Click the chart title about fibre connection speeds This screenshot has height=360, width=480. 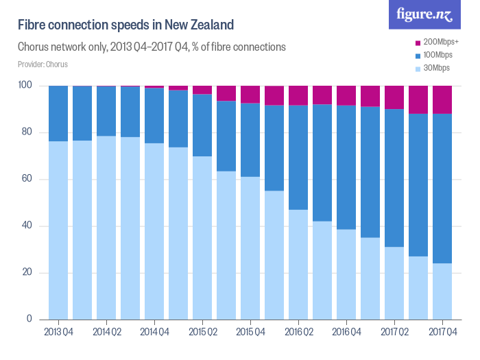[x=126, y=25]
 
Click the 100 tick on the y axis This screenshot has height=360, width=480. [x=26, y=86]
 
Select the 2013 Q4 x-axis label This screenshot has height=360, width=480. [x=58, y=333]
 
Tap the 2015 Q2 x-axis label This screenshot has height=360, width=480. [x=202, y=333]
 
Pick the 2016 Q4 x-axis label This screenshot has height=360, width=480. [x=346, y=333]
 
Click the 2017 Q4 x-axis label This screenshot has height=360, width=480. [x=442, y=333]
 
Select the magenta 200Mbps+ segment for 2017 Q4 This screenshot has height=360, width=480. [x=442, y=99]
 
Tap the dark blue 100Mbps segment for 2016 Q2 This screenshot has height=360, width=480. [x=298, y=157]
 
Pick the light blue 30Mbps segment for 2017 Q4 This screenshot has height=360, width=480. [x=442, y=291]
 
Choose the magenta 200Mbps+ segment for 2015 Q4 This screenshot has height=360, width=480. [x=250, y=94]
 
